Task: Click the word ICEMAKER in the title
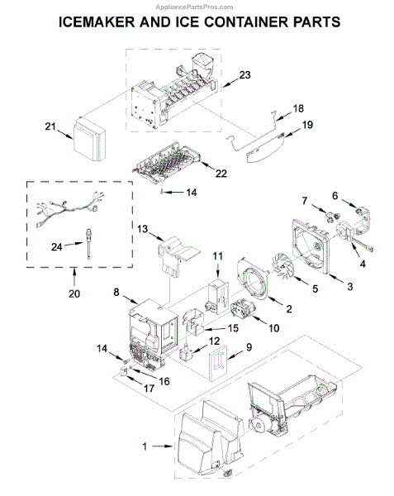pos(97,22)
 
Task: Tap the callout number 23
pos(244,75)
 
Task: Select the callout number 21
pos(50,126)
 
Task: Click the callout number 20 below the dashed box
pos(74,293)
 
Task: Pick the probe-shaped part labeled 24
pos(88,244)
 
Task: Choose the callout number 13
pos(143,229)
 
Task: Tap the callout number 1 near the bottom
pos(145,446)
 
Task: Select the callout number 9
pos(249,347)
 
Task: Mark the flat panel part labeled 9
pos(218,363)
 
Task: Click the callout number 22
pos(221,174)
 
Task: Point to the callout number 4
pos(363,264)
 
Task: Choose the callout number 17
pos(149,389)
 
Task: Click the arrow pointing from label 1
pos(162,446)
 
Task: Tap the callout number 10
pos(274,328)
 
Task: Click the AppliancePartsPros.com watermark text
pos(194,7)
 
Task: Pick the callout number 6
pos(335,196)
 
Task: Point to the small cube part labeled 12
pos(186,352)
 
